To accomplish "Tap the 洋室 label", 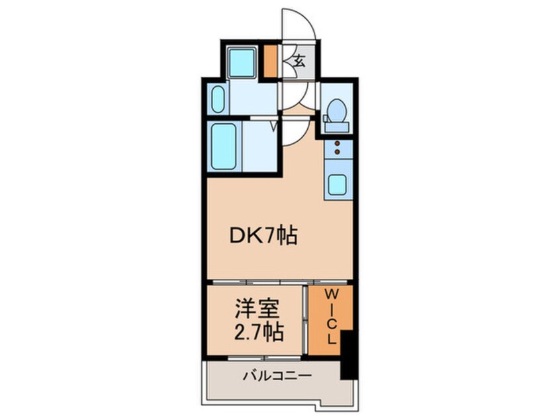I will click(x=258, y=309).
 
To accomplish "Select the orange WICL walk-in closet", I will click(x=330, y=319).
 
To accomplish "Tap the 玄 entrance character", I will click(x=299, y=62).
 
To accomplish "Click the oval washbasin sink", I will click(x=219, y=101).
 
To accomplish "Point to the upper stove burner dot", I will click(x=337, y=144).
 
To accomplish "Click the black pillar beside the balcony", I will click(x=348, y=358).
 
